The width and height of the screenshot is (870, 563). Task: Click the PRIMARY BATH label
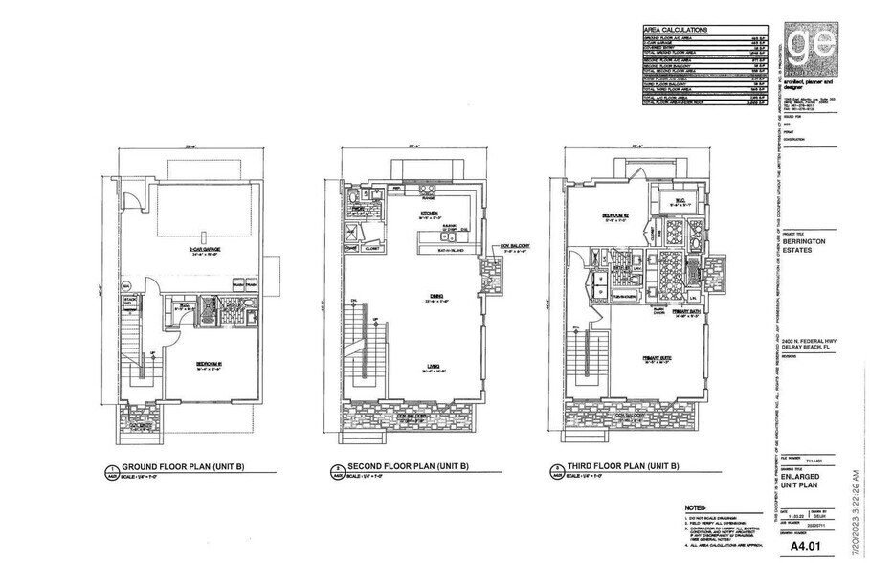pos(673,311)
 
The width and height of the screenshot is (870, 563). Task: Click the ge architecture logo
pos(808,50)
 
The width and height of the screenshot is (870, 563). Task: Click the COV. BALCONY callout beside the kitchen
pos(514,246)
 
